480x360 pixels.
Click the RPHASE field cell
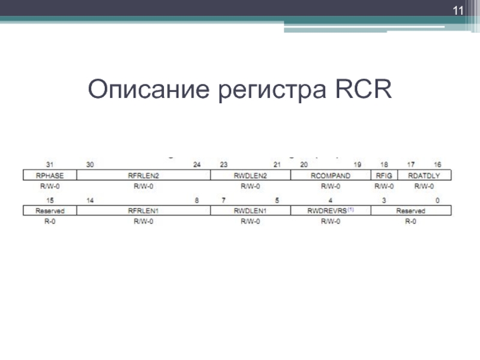(x=50, y=175)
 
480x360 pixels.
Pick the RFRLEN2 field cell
(x=143, y=175)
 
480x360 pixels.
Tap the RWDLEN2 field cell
(x=250, y=175)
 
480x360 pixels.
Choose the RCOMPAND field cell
(x=330, y=175)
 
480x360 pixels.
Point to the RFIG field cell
(x=383, y=175)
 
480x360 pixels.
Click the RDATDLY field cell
(x=424, y=175)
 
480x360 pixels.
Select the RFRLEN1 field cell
(x=143, y=211)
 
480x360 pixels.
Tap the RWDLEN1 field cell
(x=250, y=211)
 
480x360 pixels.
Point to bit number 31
(x=50, y=165)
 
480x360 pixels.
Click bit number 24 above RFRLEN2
(x=196, y=165)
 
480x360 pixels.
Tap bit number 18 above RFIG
(x=383, y=165)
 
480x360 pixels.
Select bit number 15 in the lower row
(x=50, y=200)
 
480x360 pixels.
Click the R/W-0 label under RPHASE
(x=50, y=185)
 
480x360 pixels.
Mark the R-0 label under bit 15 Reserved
(x=50, y=221)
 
